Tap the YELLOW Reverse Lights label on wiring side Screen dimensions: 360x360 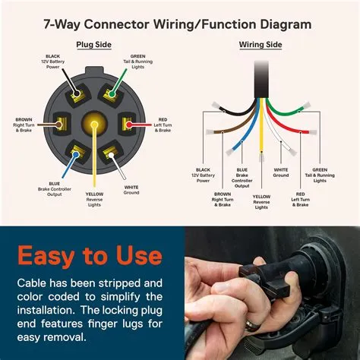coord(262,201)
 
